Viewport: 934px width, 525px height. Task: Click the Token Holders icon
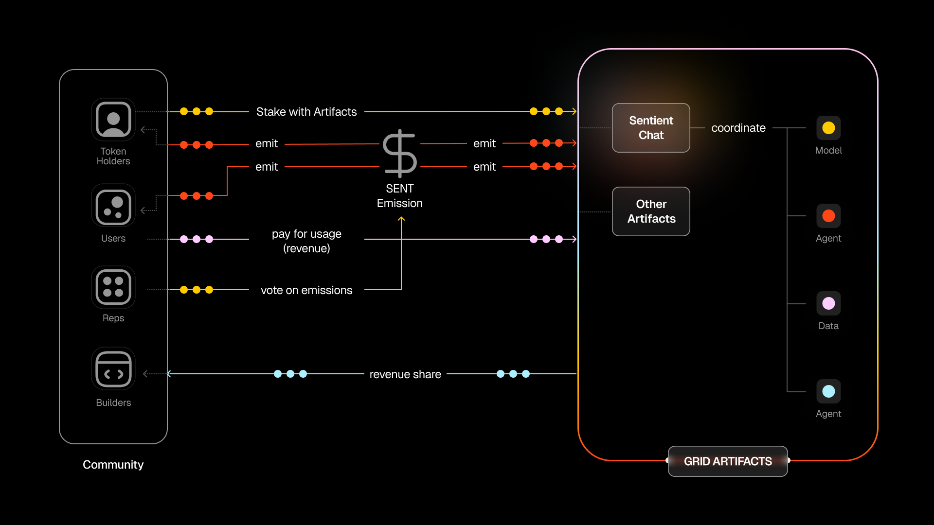[113, 120]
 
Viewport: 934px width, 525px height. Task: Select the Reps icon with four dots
[113, 287]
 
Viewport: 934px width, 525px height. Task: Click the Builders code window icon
[113, 369]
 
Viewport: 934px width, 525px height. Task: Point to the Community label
[113, 465]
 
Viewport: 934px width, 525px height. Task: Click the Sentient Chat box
[651, 128]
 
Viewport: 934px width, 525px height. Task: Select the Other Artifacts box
[651, 211]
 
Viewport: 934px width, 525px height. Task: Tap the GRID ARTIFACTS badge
[728, 461]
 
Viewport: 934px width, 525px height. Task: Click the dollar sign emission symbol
[400, 153]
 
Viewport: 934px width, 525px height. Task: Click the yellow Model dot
[828, 128]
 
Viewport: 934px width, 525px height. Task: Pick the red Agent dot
[828, 216]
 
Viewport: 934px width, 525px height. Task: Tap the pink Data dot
[828, 303]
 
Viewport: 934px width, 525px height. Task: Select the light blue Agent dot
[828, 391]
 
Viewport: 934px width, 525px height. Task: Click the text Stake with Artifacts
[306, 112]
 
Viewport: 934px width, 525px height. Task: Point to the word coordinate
[738, 128]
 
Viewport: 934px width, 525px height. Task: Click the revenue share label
[405, 374]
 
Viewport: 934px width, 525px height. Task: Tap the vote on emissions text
[306, 290]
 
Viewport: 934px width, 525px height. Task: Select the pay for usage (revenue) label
[306, 241]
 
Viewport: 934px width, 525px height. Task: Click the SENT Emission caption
[400, 196]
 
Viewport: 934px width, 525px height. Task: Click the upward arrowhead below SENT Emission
[401, 219]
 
